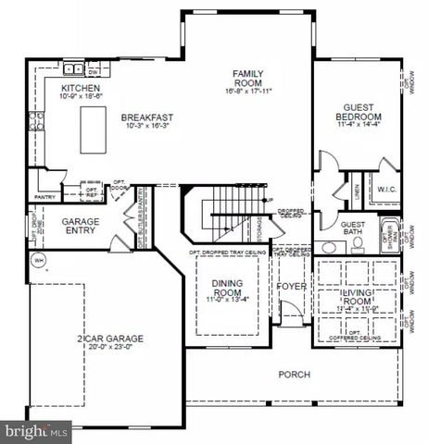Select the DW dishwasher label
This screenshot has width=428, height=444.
pos(94,70)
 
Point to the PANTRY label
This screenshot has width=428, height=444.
pos(44,196)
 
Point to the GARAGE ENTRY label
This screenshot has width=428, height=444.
pos(81,228)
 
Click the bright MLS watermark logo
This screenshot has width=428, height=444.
pos(36,430)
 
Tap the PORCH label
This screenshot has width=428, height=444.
pos(294,375)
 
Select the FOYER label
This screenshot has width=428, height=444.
pos(292,287)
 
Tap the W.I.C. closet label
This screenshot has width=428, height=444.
pos(387,190)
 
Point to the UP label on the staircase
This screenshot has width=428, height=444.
pos(270,201)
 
